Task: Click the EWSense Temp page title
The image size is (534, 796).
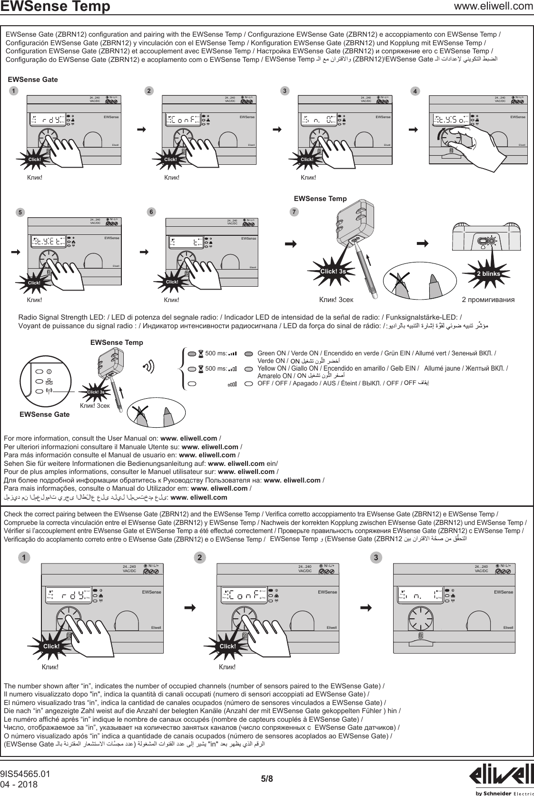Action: coord(56,7)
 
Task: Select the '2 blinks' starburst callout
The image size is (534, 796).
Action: coord(489,273)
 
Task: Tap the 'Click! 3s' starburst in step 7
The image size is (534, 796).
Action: coord(333,272)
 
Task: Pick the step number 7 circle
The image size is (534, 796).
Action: coord(295,212)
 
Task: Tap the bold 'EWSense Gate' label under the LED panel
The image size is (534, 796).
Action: coord(44,414)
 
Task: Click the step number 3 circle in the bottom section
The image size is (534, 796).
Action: coord(376,557)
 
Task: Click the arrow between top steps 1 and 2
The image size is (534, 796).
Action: coord(141,129)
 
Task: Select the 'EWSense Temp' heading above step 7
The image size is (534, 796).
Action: coord(320,198)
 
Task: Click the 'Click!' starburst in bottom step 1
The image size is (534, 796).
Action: coord(51,646)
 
